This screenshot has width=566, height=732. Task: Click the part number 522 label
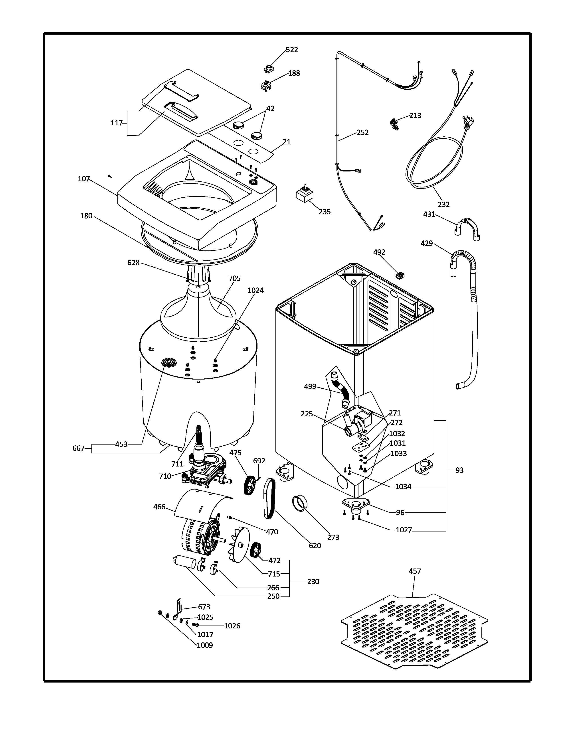292,50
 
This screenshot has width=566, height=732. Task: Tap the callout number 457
415,571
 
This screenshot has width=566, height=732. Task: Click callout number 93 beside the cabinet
459,470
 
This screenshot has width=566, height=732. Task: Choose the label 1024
255,290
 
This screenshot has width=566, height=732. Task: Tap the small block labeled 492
400,275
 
